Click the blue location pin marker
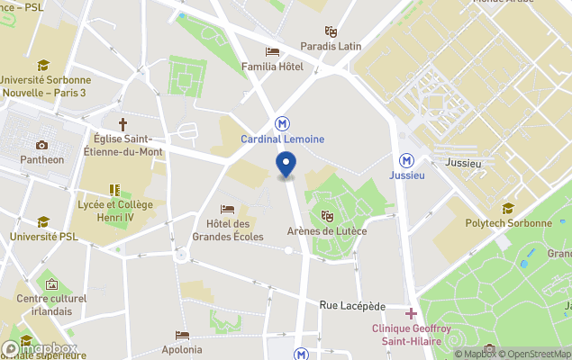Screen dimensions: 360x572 click(286, 165)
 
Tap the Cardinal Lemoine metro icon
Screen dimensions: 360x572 click(283, 122)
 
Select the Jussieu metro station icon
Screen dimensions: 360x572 click(407, 158)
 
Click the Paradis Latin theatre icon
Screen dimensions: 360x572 click(331, 31)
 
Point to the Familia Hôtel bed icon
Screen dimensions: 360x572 click(271, 51)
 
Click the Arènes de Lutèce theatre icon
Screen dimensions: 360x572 click(327, 216)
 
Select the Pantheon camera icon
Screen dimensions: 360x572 click(41, 145)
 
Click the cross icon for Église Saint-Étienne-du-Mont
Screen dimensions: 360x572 click(123, 123)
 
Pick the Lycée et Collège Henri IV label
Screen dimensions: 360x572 click(114, 211)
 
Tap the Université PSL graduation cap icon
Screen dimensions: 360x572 click(42, 221)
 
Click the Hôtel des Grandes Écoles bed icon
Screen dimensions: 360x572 click(228, 209)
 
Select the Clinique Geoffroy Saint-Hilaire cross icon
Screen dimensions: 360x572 click(412, 313)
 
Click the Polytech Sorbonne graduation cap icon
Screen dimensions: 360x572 click(508, 208)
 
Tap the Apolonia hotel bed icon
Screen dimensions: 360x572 click(183, 335)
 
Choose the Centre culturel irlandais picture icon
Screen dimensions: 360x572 click(50, 284)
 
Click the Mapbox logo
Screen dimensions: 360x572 click(41, 348)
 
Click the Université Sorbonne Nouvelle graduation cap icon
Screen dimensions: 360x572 click(43, 65)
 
